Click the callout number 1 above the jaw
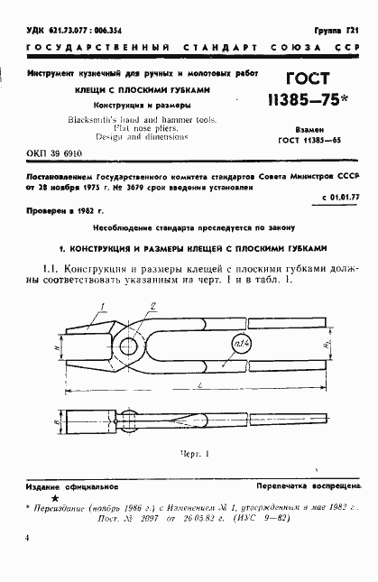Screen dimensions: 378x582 (x=104, y=307)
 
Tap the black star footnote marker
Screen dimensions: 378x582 (x=55, y=498)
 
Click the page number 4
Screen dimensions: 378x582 (x=28, y=538)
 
